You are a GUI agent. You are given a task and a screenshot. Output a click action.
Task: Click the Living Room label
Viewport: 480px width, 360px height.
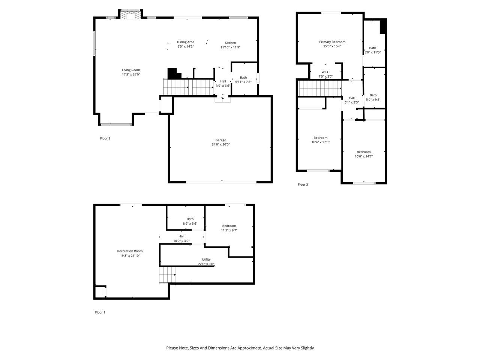tap(131, 70)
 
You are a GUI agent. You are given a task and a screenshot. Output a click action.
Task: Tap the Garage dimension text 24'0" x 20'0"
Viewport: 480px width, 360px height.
tap(220, 144)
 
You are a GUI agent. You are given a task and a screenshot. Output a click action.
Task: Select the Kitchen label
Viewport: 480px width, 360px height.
tap(230, 43)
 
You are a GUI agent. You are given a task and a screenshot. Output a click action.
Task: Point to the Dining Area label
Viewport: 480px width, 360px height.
tap(186, 42)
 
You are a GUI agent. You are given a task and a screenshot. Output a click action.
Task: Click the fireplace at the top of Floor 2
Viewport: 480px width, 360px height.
tap(130, 15)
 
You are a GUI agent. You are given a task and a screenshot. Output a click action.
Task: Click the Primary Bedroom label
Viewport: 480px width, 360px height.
tap(332, 42)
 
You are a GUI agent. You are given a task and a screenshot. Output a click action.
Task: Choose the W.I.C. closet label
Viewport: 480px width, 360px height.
tap(325, 72)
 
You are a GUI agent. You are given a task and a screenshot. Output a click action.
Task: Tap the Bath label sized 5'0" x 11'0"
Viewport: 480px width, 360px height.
tap(372, 48)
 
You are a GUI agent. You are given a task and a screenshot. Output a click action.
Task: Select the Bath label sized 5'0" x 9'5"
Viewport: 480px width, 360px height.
tap(373, 95)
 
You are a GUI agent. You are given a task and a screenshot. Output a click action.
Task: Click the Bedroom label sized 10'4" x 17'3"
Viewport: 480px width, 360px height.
tap(320, 138)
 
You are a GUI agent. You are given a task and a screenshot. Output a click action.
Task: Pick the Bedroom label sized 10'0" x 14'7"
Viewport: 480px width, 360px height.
tap(364, 152)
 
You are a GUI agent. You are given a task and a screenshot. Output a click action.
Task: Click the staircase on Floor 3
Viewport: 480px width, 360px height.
tap(320, 88)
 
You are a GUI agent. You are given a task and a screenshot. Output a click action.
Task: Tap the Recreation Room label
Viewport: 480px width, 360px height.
tap(130, 251)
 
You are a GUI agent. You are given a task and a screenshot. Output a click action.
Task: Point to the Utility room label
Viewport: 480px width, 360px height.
tap(206, 259)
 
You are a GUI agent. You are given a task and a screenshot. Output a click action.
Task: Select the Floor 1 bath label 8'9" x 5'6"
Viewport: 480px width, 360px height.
tap(190, 219)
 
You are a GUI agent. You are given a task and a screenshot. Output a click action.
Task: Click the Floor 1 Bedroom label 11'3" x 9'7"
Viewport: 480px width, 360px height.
tap(229, 226)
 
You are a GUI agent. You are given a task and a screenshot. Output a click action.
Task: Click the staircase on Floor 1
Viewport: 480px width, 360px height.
tap(168, 274)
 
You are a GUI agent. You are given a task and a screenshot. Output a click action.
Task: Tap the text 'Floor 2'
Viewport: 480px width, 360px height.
tap(105, 138)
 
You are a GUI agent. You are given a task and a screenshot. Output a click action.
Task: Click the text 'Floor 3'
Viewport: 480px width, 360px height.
tap(303, 184)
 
